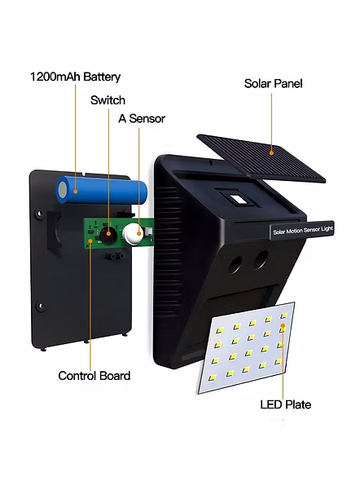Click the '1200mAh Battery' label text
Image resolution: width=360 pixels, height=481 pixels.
coord(75,77)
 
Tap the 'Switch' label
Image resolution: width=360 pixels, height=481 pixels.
coord(108,100)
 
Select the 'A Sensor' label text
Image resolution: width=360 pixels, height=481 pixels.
coord(142,118)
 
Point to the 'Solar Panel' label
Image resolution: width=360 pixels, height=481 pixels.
coord(274,83)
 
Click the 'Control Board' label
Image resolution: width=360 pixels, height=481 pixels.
coord(94,376)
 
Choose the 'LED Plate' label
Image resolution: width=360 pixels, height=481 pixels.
coord(286,404)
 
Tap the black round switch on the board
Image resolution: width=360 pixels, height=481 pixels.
coord(108,235)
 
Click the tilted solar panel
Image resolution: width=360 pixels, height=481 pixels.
coord(261,158)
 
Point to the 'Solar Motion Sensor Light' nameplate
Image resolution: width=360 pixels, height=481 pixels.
coord(302,231)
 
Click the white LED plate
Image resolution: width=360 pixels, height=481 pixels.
coord(247,347)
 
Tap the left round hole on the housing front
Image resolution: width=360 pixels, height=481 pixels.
coord(235,265)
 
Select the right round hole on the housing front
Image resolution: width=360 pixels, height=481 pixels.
coord(261,259)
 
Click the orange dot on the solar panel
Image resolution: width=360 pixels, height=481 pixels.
coord(271,152)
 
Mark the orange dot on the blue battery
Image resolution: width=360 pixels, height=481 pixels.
coord(76,192)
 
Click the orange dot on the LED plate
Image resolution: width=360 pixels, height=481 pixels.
coord(283,325)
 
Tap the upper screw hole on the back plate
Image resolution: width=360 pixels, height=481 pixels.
coord(39,214)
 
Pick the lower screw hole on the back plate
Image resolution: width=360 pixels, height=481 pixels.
coord(40,306)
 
